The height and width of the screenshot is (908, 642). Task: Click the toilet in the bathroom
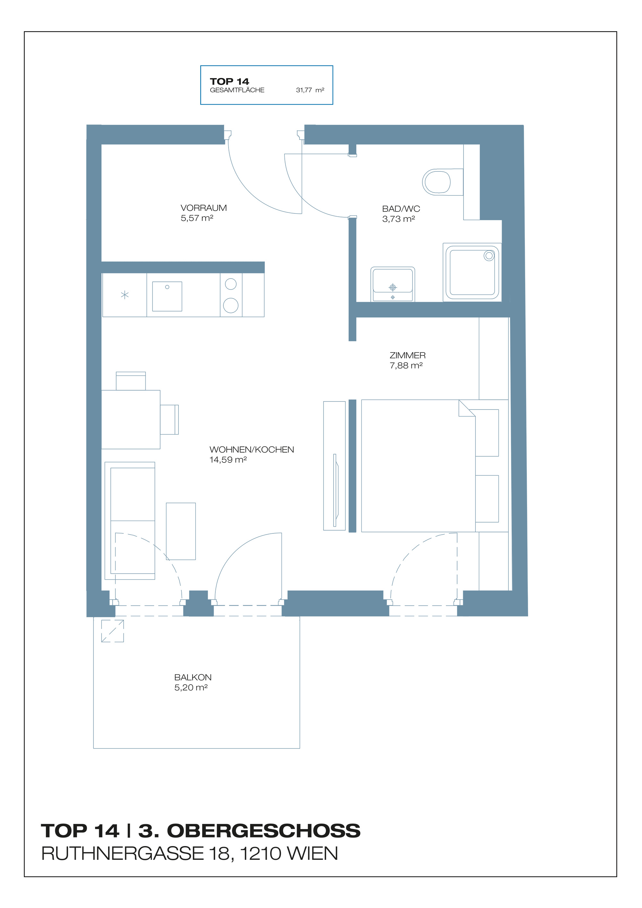click(x=442, y=182)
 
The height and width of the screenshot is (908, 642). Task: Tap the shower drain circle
click(x=489, y=256)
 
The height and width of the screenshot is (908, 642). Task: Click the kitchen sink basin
click(x=167, y=296)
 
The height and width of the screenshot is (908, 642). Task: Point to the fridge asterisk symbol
click(x=125, y=295)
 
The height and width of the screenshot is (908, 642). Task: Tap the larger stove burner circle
click(x=230, y=305)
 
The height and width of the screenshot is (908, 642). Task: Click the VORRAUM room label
click(x=204, y=208)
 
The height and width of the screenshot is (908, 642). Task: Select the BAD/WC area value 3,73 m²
click(x=398, y=219)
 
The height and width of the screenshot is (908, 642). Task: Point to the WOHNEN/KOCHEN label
click(x=252, y=449)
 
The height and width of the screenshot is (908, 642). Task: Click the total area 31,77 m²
click(x=310, y=90)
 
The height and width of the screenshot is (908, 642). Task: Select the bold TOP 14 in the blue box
click(x=230, y=82)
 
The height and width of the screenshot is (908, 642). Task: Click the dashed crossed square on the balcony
click(x=112, y=631)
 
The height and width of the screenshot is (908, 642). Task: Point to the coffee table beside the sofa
click(x=181, y=531)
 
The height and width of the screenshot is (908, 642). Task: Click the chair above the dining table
click(x=131, y=381)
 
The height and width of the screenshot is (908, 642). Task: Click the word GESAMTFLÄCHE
click(x=237, y=90)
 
